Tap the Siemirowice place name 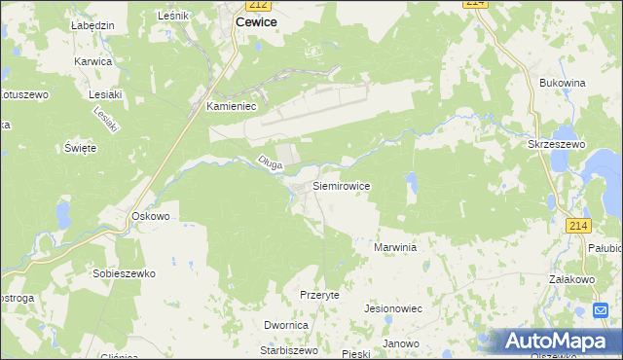(x=341, y=184)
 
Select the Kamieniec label (x=231, y=108)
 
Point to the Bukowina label (x=562, y=84)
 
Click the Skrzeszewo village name (x=556, y=144)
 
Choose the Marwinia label (x=395, y=248)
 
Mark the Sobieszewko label (x=124, y=274)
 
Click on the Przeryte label (x=319, y=294)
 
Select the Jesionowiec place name (x=392, y=307)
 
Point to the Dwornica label (x=286, y=325)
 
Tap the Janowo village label (x=400, y=343)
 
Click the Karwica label (x=93, y=61)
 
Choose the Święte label (x=80, y=148)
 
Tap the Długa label (x=270, y=163)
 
